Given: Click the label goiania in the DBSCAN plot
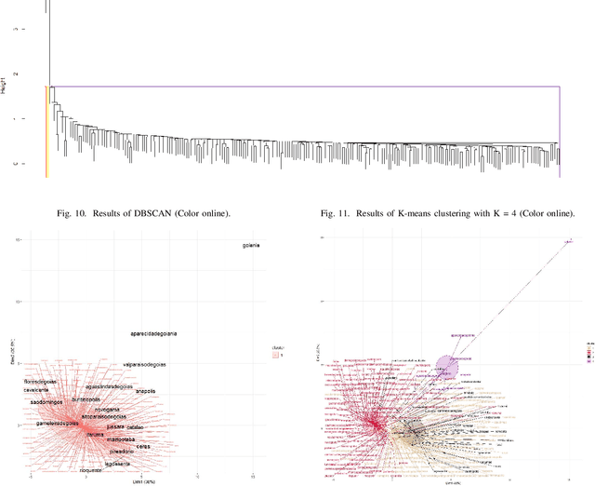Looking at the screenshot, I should [246, 246].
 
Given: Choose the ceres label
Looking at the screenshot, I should [143, 446].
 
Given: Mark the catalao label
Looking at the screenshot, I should [136, 427].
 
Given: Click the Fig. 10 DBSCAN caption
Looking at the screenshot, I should [152, 214].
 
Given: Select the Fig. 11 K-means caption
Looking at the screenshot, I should [448, 214].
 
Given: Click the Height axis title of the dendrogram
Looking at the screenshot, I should [6, 88].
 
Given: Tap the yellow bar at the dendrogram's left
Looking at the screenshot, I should [47, 130].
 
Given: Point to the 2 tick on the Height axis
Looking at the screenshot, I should [14, 74].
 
